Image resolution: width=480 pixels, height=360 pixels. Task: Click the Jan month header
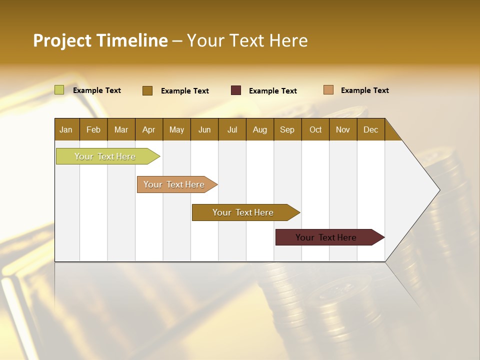[66, 129]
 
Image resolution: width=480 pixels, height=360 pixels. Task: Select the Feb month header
[93, 129]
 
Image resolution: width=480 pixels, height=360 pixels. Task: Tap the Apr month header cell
[149, 129]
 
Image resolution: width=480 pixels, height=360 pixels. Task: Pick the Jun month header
[204, 129]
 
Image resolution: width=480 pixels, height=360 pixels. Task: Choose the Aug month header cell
[260, 129]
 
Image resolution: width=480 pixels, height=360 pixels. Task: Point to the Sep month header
[287, 129]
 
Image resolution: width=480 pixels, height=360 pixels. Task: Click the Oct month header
[315, 129]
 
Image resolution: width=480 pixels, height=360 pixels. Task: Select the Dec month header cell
[371, 129]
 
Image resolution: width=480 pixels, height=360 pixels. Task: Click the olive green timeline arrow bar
[105, 156]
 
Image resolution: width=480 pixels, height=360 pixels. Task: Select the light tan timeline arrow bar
[174, 184]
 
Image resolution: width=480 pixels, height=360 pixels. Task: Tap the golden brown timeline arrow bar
[243, 212]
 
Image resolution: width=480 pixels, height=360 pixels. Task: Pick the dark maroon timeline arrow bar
[326, 237]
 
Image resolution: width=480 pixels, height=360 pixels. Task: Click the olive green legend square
[59, 90]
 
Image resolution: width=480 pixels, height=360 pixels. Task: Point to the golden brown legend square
[147, 90]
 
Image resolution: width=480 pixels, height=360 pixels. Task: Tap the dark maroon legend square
[236, 90]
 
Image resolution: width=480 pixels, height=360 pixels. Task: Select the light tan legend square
[328, 90]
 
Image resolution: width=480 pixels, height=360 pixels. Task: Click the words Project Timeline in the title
[100, 40]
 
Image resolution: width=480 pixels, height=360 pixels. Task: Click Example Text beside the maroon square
[273, 91]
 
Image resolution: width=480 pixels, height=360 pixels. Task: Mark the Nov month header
[343, 129]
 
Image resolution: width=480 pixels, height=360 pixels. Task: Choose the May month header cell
[176, 129]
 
